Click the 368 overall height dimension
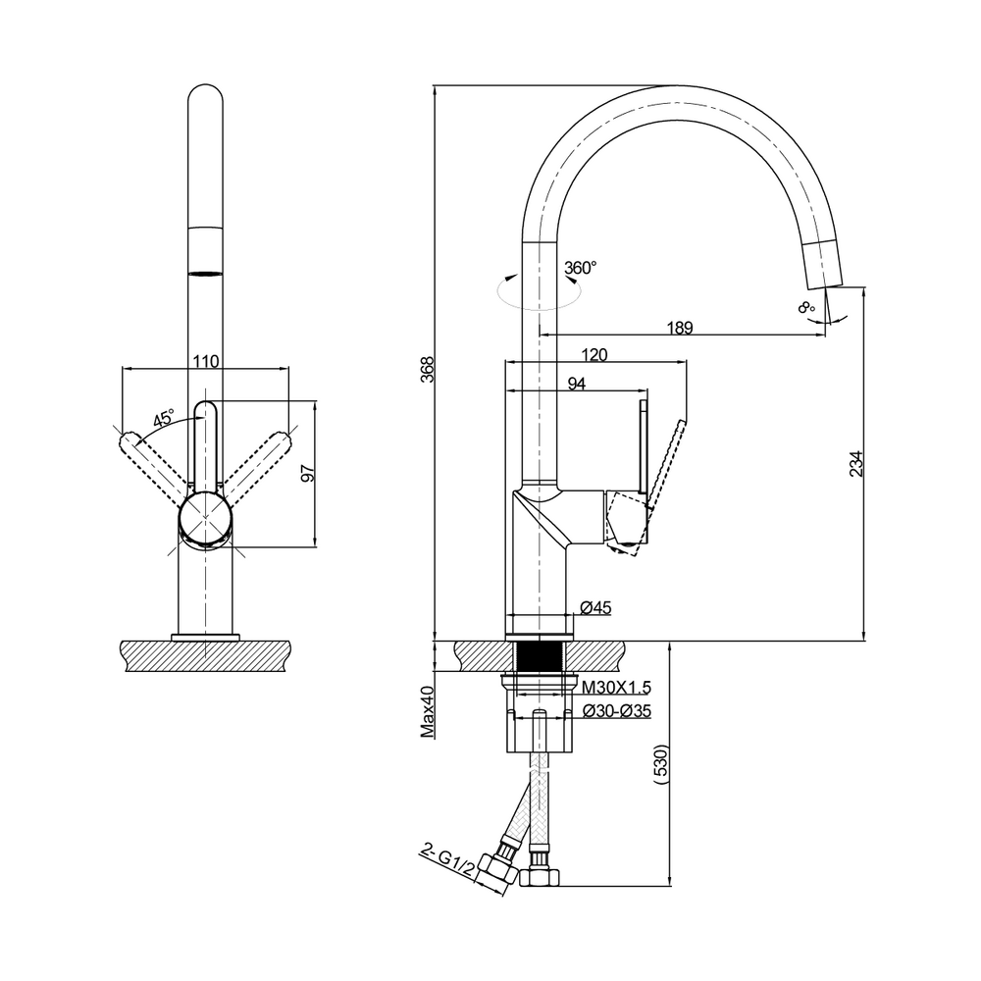pos(428,370)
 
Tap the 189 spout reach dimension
pos(680,328)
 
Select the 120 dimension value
pos(594,355)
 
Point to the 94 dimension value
pos(576,384)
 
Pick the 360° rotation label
pos(580,268)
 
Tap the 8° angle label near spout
pos(806,307)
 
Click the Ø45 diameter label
pos(595,607)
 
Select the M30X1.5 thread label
pos(616,688)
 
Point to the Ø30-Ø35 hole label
pos(616,710)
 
